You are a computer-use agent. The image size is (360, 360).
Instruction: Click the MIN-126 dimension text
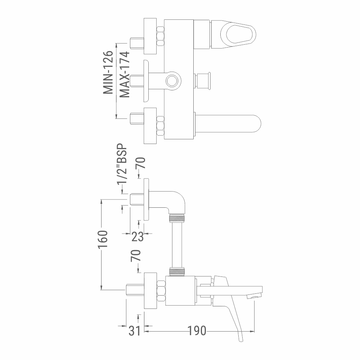coord(108,72)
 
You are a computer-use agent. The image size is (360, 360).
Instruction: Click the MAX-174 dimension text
coord(125,75)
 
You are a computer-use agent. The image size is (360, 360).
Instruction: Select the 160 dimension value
coord(103,239)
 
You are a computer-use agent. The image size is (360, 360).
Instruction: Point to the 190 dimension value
coord(197,331)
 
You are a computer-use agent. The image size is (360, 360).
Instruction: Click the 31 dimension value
coord(134,331)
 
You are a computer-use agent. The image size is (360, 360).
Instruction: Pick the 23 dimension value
coord(137,237)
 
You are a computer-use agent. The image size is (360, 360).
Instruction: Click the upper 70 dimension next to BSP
coord(141,163)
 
